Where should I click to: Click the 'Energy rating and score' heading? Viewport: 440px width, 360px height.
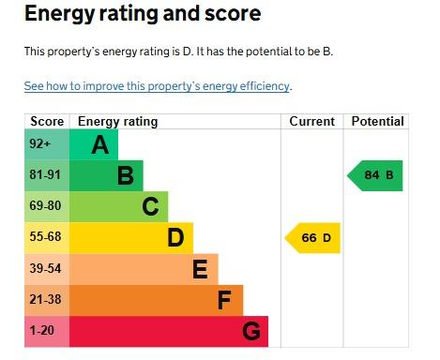pos(143,14)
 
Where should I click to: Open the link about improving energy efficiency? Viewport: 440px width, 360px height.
pos(157,86)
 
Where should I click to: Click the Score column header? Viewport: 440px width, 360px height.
pos(47,121)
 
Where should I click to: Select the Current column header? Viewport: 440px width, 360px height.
pos(311,121)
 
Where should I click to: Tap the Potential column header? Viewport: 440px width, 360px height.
pos(377,121)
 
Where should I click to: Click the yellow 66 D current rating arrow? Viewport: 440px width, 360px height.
pos(312,238)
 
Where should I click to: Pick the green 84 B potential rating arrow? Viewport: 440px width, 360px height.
pos(375,175)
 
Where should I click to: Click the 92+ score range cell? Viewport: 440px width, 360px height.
pos(47,144)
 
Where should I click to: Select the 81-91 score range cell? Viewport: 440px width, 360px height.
pos(47,175)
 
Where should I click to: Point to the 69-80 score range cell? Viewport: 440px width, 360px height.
pos(47,207)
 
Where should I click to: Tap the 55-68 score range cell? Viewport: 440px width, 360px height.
pos(47,238)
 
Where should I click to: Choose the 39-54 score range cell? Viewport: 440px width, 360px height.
pos(47,269)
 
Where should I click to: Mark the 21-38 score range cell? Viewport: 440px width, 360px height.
pos(47,300)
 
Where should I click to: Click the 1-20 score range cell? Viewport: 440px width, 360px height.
pos(47,332)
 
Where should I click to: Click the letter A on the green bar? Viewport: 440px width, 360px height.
pos(100,145)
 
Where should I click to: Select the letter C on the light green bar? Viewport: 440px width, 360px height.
pos(150,207)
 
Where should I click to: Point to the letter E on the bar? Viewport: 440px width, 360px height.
pos(200,269)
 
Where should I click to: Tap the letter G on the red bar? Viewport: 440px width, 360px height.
pos(251,331)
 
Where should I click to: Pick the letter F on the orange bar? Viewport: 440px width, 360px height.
pos(224,300)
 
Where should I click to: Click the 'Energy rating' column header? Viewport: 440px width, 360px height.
pos(118,122)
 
